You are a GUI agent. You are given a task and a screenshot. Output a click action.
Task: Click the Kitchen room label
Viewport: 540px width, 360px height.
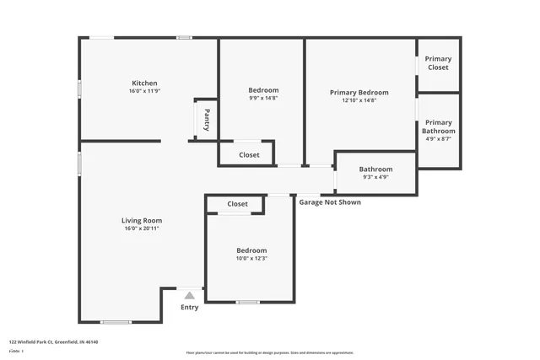click(x=143, y=83)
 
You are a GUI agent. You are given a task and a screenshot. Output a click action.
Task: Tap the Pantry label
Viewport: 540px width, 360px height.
click(x=207, y=120)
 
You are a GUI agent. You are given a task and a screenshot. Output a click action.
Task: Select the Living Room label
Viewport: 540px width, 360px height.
click(x=141, y=220)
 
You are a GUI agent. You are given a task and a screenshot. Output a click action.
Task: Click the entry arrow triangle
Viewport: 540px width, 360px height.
click(x=190, y=295)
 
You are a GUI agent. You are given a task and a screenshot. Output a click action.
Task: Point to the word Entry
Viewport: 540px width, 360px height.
click(x=190, y=307)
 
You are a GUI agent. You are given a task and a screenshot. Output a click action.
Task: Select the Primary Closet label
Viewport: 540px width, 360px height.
click(x=438, y=63)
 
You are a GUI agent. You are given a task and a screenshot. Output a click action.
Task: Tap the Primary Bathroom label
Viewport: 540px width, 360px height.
click(x=438, y=126)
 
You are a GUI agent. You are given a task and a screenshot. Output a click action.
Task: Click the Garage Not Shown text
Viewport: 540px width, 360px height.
click(x=330, y=202)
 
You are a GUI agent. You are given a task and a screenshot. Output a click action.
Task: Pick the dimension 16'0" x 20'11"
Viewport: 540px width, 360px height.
click(x=141, y=228)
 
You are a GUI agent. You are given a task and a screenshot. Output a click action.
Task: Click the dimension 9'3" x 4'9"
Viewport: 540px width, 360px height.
click(x=375, y=177)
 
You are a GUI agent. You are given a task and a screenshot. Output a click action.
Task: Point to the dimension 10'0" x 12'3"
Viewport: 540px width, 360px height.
click(x=251, y=259)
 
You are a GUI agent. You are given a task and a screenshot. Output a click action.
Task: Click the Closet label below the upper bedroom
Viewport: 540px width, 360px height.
click(x=249, y=155)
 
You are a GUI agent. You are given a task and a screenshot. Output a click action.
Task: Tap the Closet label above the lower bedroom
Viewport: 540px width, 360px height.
click(x=237, y=204)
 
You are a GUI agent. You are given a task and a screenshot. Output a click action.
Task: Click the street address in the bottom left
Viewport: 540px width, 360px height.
click(x=54, y=341)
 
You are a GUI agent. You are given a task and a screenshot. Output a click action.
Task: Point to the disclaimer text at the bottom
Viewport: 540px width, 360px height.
click(x=269, y=352)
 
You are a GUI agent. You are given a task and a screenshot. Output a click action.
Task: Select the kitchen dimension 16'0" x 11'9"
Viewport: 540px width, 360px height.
click(x=143, y=91)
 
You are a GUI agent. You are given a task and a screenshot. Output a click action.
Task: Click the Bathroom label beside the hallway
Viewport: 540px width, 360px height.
click(x=375, y=169)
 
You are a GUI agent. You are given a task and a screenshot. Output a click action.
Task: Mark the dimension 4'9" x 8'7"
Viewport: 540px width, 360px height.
click(x=438, y=139)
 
